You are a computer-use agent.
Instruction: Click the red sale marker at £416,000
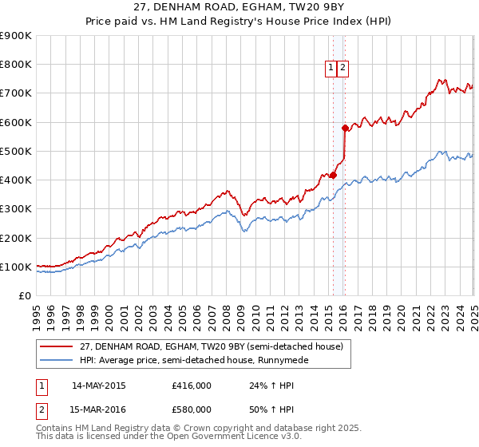tap(333, 176)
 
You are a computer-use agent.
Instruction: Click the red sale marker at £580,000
tap(345, 128)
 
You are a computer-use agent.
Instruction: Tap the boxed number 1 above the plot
tap(331, 68)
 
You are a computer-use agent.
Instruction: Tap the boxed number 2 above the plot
tap(342, 68)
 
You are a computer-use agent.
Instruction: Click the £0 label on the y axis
tap(24, 295)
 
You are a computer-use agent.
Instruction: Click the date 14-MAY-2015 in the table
tap(98, 385)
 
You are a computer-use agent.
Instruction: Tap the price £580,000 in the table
tap(192, 409)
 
